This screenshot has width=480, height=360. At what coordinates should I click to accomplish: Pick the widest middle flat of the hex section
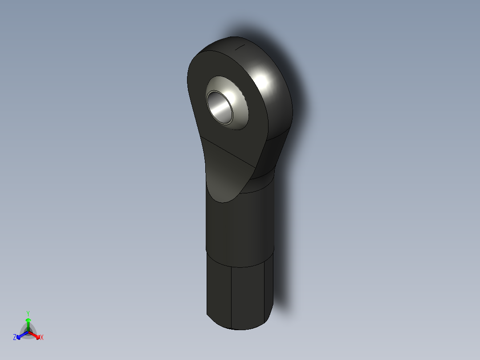tap(248, 296)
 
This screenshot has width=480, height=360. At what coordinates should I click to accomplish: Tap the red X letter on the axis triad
tap(42, 338)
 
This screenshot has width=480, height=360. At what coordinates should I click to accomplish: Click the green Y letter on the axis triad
tap(28, 313)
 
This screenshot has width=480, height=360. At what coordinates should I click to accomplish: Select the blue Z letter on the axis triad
tap(15, 338)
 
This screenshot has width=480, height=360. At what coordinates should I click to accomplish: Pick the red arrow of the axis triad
tap(36, 335)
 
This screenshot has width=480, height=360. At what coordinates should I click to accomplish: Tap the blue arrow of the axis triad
tap(20, 335)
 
